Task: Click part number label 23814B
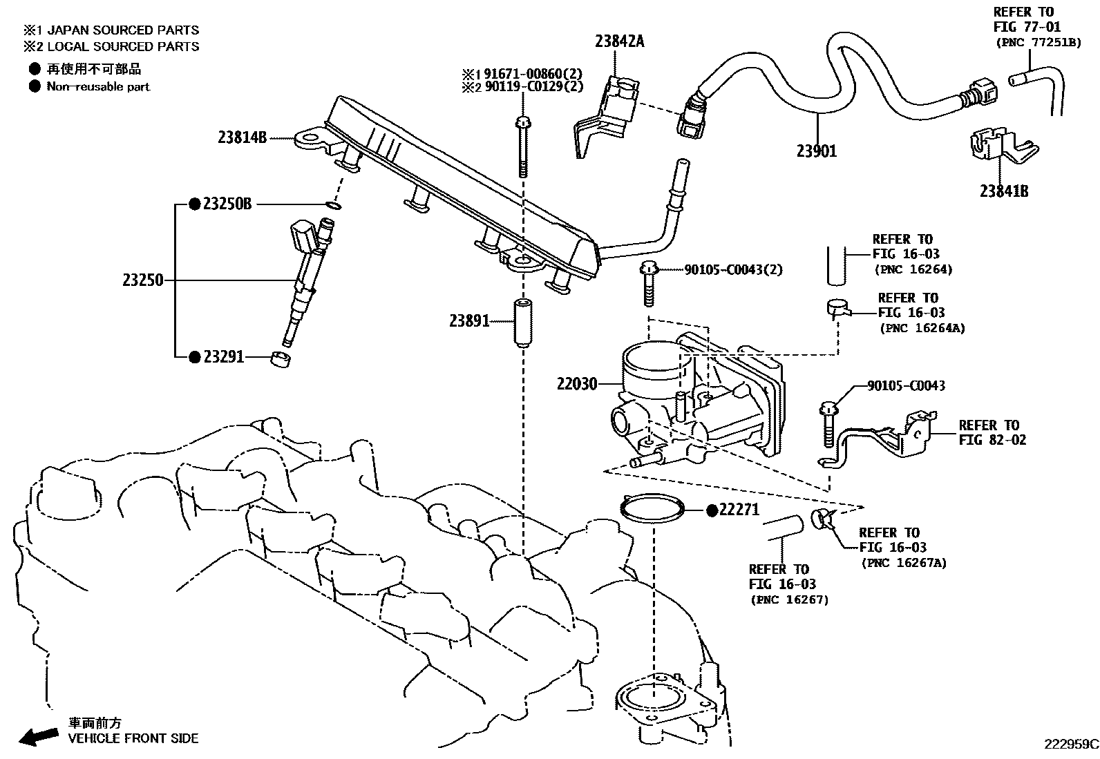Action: tap(242, 137)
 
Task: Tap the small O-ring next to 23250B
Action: tap(333, 205)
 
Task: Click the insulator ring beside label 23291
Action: tap(280, 359)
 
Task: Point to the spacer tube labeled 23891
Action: tap(522, 321)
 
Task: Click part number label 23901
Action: tap(816, 151)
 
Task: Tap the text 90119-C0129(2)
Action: tap(532, 87)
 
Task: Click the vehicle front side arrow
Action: tap(38, 736)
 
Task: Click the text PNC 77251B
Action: tap(1038, 42)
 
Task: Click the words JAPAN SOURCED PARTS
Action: tap(123, 30)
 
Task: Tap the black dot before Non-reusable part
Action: tap(35, 87)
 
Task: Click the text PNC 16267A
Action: tap(903, 563)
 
